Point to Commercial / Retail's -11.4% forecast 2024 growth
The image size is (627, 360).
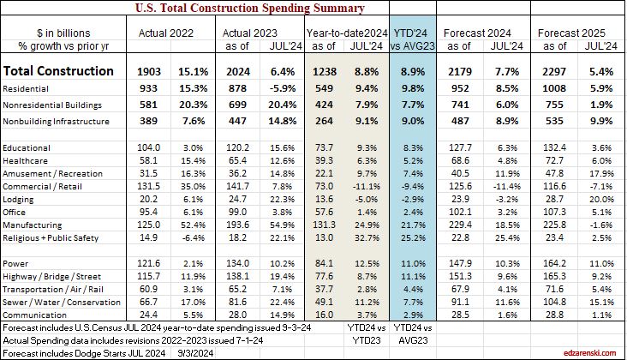(505, 184)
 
